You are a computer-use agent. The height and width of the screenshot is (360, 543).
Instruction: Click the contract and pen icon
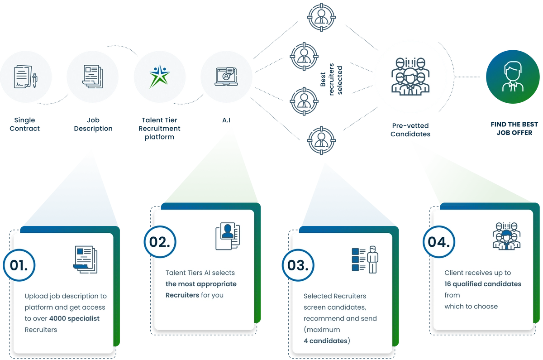(25, 77)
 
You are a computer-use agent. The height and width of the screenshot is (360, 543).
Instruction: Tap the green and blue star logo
(160, 77)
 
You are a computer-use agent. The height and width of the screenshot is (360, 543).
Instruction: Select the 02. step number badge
(160, 242)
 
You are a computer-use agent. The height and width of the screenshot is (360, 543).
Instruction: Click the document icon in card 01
(85, 259)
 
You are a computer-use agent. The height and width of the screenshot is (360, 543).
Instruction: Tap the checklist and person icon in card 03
(365, 259)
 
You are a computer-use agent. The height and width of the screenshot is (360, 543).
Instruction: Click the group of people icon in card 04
(506, 235)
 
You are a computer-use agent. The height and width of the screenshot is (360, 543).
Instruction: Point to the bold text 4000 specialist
(74, 318)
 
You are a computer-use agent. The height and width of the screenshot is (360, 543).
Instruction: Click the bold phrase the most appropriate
(201, 284)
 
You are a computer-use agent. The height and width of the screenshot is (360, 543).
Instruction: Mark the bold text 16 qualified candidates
(483, 284)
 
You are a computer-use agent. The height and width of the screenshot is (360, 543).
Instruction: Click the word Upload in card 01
(36, 296)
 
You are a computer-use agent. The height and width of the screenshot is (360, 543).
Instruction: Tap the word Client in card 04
(454, 273)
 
